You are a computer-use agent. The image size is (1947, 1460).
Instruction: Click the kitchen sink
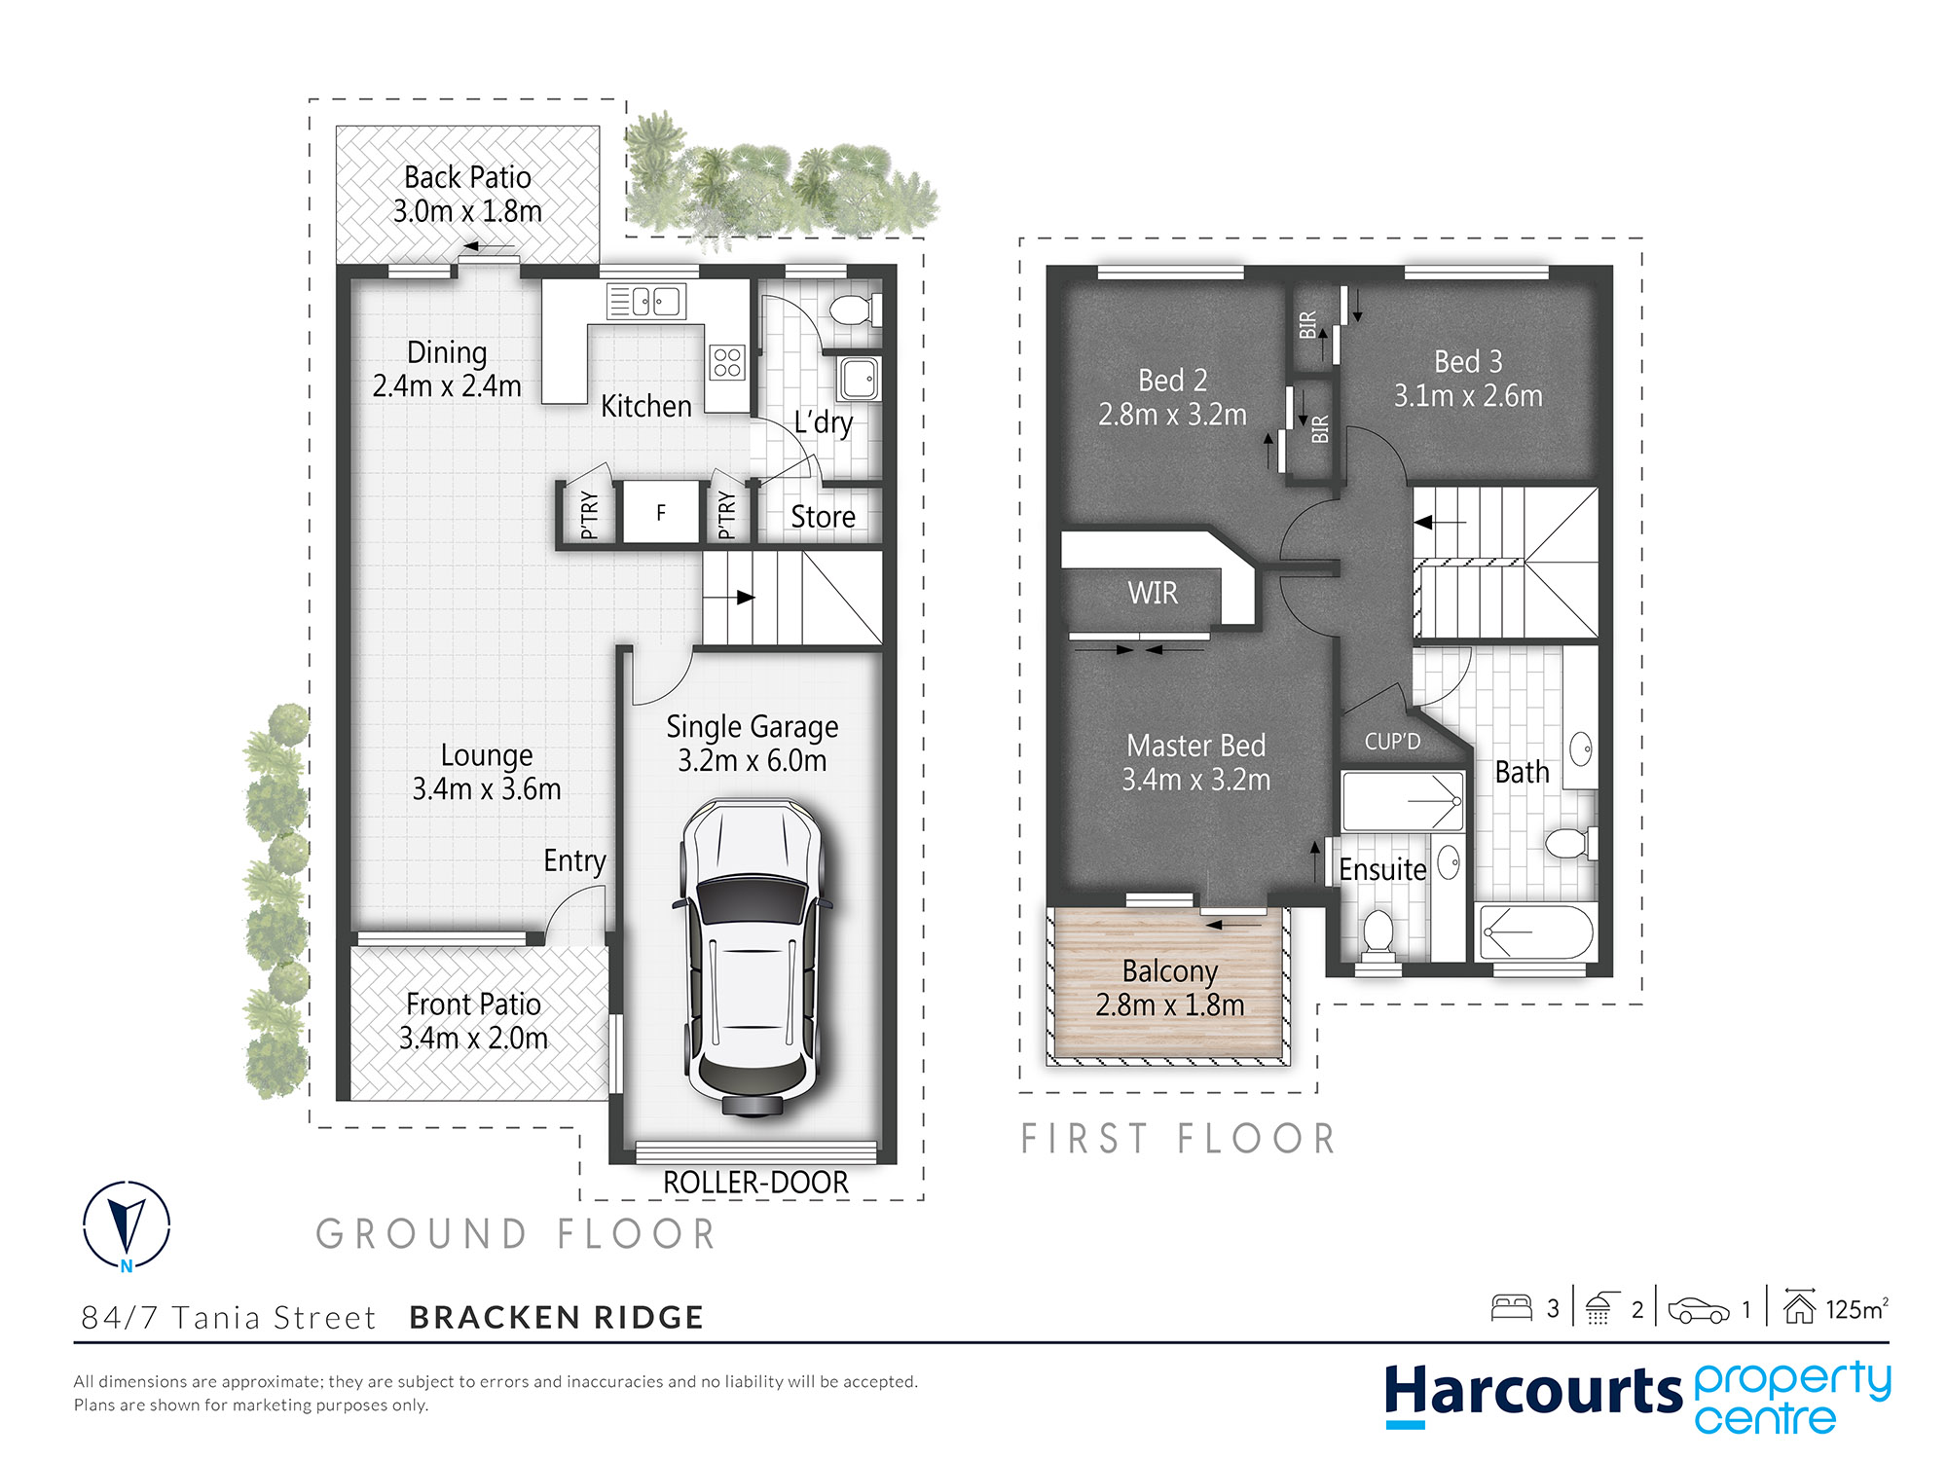pyautogui.click(x=646, y=302)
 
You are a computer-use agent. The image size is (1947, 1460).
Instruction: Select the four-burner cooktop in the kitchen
pyautogui.click(x=728, y=362)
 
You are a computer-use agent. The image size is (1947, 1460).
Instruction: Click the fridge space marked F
pyautogui.click(x=661, y=513)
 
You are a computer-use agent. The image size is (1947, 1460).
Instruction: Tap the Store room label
pyautogui.click(x=823, y=517)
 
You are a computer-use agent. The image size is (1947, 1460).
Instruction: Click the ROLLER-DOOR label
pyautogui.click(x=755, y=1183)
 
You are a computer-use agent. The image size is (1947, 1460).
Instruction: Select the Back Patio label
pyautogui.click(x=467, y=177)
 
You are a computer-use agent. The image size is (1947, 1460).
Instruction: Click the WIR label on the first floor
pyautogui.click(x=1153, y=593)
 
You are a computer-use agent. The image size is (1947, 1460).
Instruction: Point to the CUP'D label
pyautogui.click(x=1392, y=742)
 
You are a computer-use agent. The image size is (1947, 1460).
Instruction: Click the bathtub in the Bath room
pyautogui.click(x=1536, y=932)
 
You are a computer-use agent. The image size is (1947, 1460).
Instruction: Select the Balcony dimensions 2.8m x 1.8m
pyautogui.click(x=1170, y=1004)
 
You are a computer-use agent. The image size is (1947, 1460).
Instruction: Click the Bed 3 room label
pyautogui.click(x=1468, y=362)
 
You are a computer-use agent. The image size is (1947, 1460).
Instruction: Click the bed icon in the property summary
pyautogui.click(x=1512, y=1307)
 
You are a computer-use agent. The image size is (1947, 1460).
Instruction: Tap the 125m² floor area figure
pyautogui.click(x=1856, y=1309)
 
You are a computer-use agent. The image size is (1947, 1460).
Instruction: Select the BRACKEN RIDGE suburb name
pyautogui.click(x=557, y=1317)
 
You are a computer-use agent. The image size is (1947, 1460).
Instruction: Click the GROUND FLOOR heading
pyautogui.click(x=516, y=1234)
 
